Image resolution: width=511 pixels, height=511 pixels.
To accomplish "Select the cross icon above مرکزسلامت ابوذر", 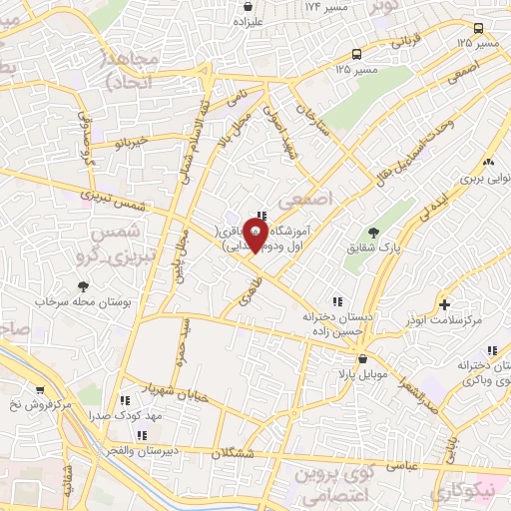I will tap(444, 303).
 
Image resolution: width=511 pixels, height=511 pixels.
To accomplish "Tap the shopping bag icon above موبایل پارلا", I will tap(360, 358).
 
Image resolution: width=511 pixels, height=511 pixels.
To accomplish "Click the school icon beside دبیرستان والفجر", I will tap(142, 435).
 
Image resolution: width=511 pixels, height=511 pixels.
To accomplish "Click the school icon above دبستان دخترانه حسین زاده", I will tap(336, 300).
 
